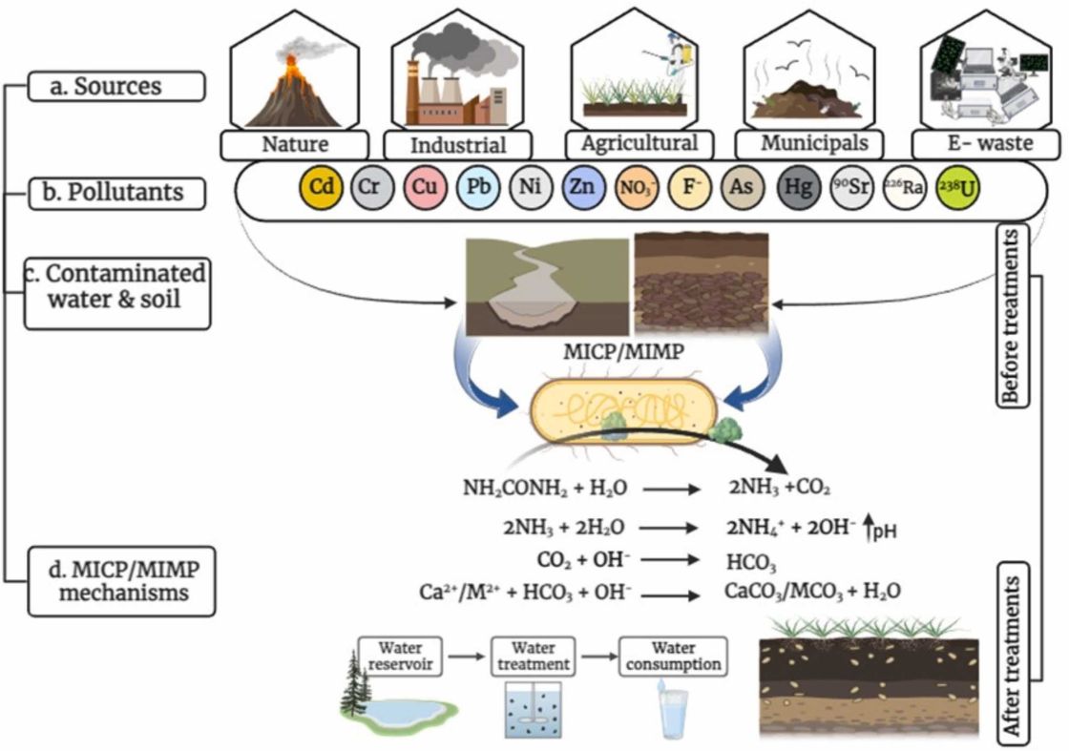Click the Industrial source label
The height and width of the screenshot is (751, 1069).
point(457,146)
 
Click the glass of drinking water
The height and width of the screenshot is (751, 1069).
point(674,713)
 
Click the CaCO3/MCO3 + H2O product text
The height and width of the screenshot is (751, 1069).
point(811,593)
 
